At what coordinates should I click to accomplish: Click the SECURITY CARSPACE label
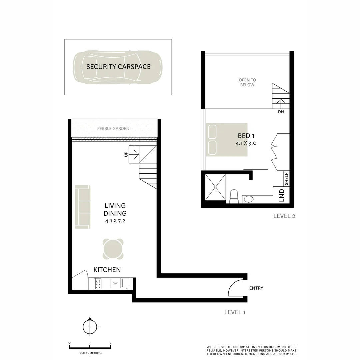118,67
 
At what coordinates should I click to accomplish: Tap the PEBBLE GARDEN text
113,128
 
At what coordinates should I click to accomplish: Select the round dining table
113,249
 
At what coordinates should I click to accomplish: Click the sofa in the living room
82,207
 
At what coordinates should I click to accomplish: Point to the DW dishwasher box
115,283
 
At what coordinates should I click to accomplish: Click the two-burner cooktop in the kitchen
98,284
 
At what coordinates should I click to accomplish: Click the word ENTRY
256,288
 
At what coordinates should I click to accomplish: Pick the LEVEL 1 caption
235,312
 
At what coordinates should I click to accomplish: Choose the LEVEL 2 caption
284,216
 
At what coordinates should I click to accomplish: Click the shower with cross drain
215,187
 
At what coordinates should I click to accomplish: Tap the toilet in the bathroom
234,196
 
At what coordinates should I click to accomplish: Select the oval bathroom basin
248,199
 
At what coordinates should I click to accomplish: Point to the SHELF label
286,179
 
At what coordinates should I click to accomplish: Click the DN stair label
281,112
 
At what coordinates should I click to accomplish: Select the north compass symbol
90,327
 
